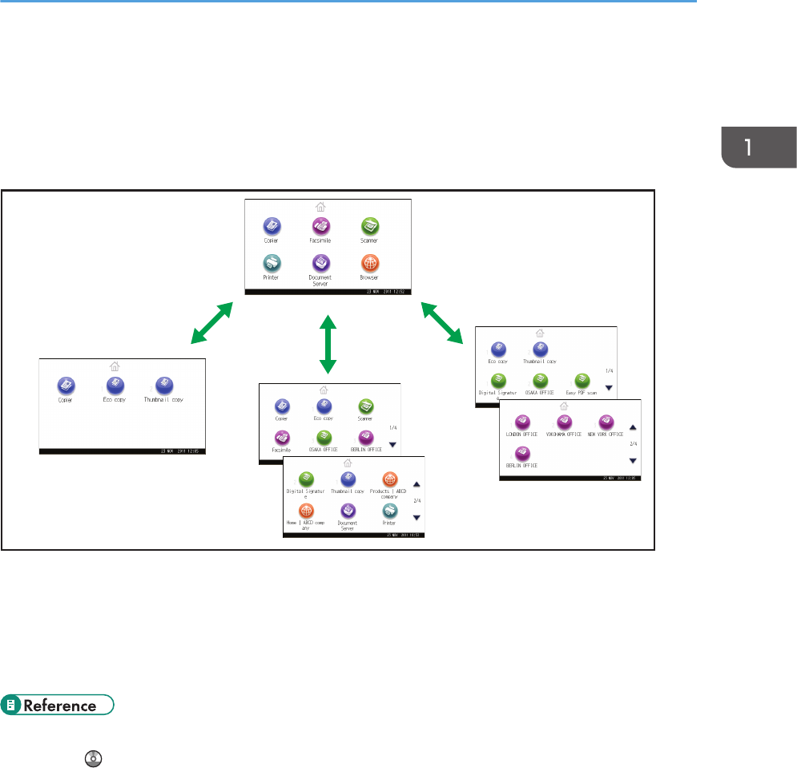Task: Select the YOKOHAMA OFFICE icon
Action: (x=565, y=421)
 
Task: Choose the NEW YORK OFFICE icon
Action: (x=606, y=421)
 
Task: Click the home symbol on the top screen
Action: (x=320, y=206)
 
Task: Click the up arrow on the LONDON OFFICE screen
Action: (x=632, y=428)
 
